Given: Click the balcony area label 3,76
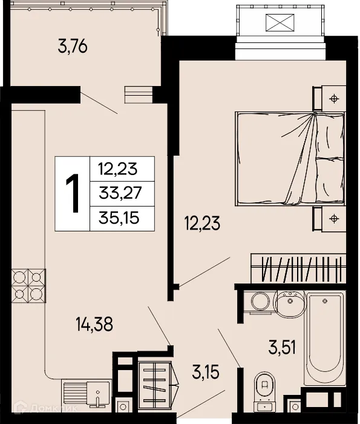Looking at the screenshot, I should tap(73, 47).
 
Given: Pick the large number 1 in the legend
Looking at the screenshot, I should tap(73, 193).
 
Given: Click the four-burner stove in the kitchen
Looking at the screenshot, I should tap(28, 286).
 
